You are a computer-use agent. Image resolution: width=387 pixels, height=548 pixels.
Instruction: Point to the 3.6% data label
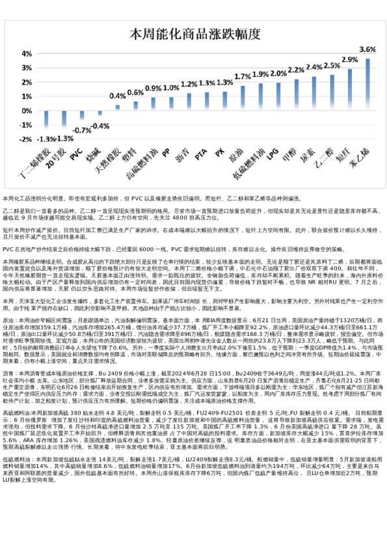point(367,49)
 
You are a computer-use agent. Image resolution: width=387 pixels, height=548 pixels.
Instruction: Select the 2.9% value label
point(349,60)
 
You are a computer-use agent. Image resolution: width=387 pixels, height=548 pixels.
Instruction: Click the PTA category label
point(201,156)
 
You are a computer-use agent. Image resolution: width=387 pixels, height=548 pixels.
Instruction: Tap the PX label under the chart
point(220,154)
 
